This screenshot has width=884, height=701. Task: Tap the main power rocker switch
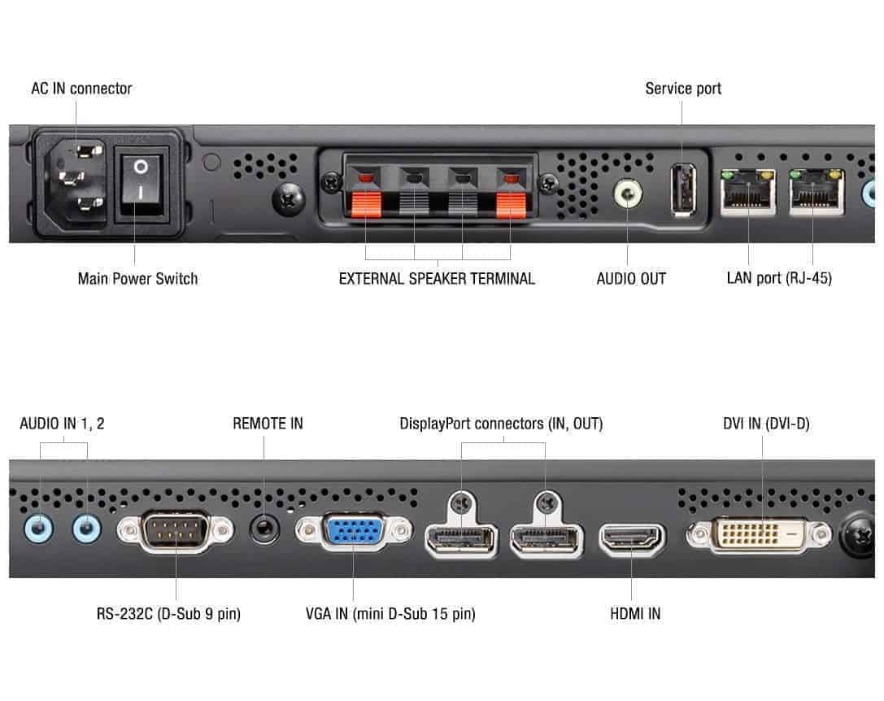coord(142,182)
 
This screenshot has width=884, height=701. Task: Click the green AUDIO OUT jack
coord(627,194)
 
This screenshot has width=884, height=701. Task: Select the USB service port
coord(683,189)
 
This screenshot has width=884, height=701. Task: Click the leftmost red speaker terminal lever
coord(367,204)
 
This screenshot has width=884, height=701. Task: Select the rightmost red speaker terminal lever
coord(511,204)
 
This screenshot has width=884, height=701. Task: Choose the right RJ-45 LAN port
coord(816,194)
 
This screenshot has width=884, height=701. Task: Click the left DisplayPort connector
coord(460,539)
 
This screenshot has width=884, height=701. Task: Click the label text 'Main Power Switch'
coord(137,279)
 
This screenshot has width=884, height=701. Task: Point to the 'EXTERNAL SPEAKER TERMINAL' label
coord(437,279)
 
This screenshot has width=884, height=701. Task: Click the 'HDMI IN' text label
coord(635,614)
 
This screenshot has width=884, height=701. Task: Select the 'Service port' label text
coord(683,89)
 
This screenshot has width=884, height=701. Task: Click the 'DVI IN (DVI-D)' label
coord(766,424)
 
